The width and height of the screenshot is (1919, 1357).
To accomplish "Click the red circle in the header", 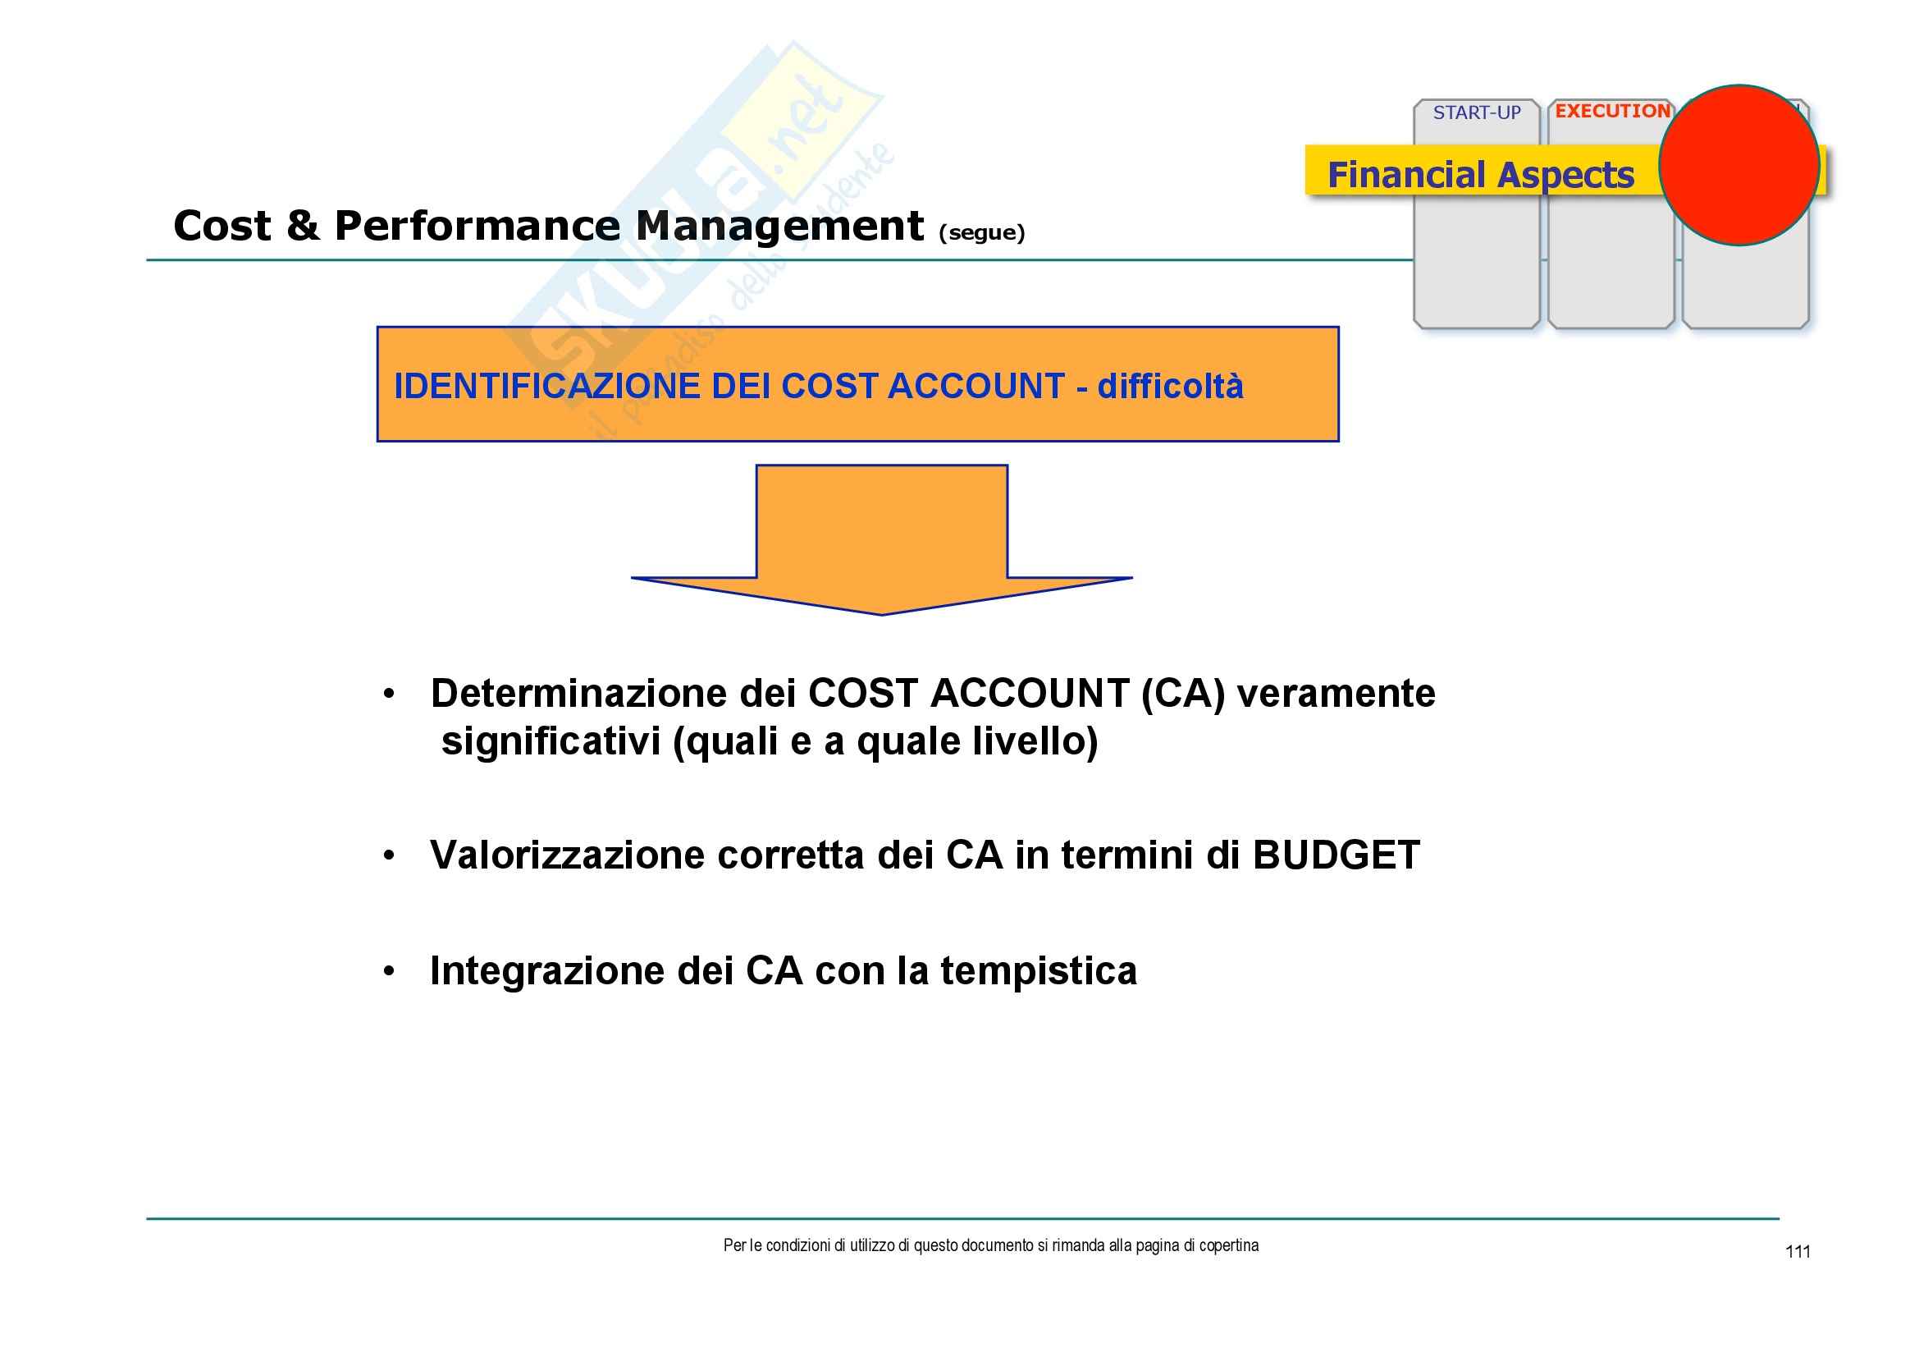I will pos(1739,165).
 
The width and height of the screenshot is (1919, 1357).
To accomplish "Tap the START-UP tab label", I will pos(1477,112).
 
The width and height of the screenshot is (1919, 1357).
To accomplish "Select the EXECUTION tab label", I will pos(1612,111).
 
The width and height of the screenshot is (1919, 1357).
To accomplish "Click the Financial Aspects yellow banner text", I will pos(1480,175).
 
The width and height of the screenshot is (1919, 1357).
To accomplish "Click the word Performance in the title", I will pos(477,227).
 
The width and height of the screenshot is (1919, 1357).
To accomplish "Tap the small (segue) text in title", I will pos(981,232).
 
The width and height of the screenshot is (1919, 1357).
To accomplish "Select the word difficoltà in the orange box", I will pos(1170,387).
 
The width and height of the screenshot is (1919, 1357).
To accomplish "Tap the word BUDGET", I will pos(1336,855).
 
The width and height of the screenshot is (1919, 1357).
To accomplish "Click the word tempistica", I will pos(1038,970).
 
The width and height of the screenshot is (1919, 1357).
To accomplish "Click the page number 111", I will pos(1797,1252).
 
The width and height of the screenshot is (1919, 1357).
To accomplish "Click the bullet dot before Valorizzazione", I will pos(389,855).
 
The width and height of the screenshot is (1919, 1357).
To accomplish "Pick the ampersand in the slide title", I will pos(303,227).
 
